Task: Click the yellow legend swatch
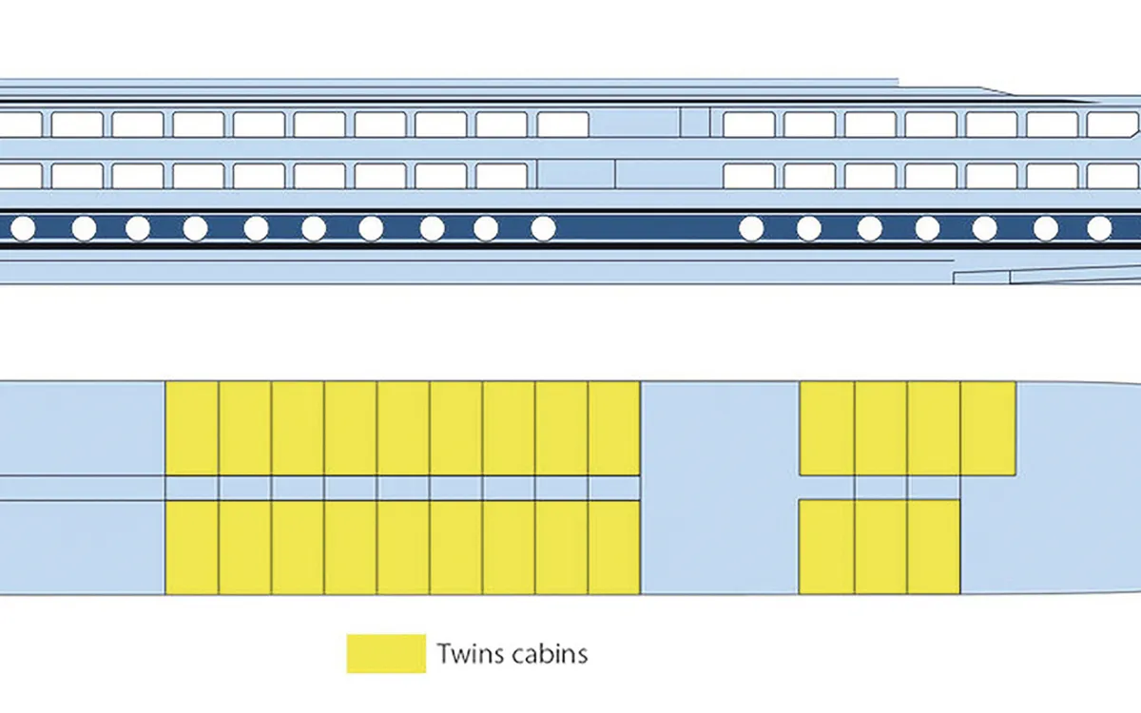(x=386, y=653)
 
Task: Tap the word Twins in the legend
(x=469, y=653)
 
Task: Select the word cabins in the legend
(x=550, y=653)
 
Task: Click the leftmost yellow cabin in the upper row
(x=192, y=429)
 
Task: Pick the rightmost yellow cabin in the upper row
(x=988, y=429)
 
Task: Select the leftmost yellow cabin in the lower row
(x=192, y=548)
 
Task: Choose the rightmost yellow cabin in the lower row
(x=934, y=548)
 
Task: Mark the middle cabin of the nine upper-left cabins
(x=403, y=429)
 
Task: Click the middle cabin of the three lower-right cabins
(x=880, y=548)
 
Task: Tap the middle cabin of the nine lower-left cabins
(x=403, y=548)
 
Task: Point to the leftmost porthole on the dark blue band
(x=23, y=229)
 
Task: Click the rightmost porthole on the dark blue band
(x=1099, y=229)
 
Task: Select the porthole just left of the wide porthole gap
(x=544, y=229)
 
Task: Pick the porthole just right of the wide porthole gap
(x=751, y=229)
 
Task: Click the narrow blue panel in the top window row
(x=695, y=123)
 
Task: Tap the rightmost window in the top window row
(x=1112, y=125)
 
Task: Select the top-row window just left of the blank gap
(x=563, y=125)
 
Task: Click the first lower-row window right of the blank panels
(x=749, y=176)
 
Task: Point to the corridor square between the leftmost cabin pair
(x=192, y=488)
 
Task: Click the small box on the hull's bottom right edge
(x=981, y=278)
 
